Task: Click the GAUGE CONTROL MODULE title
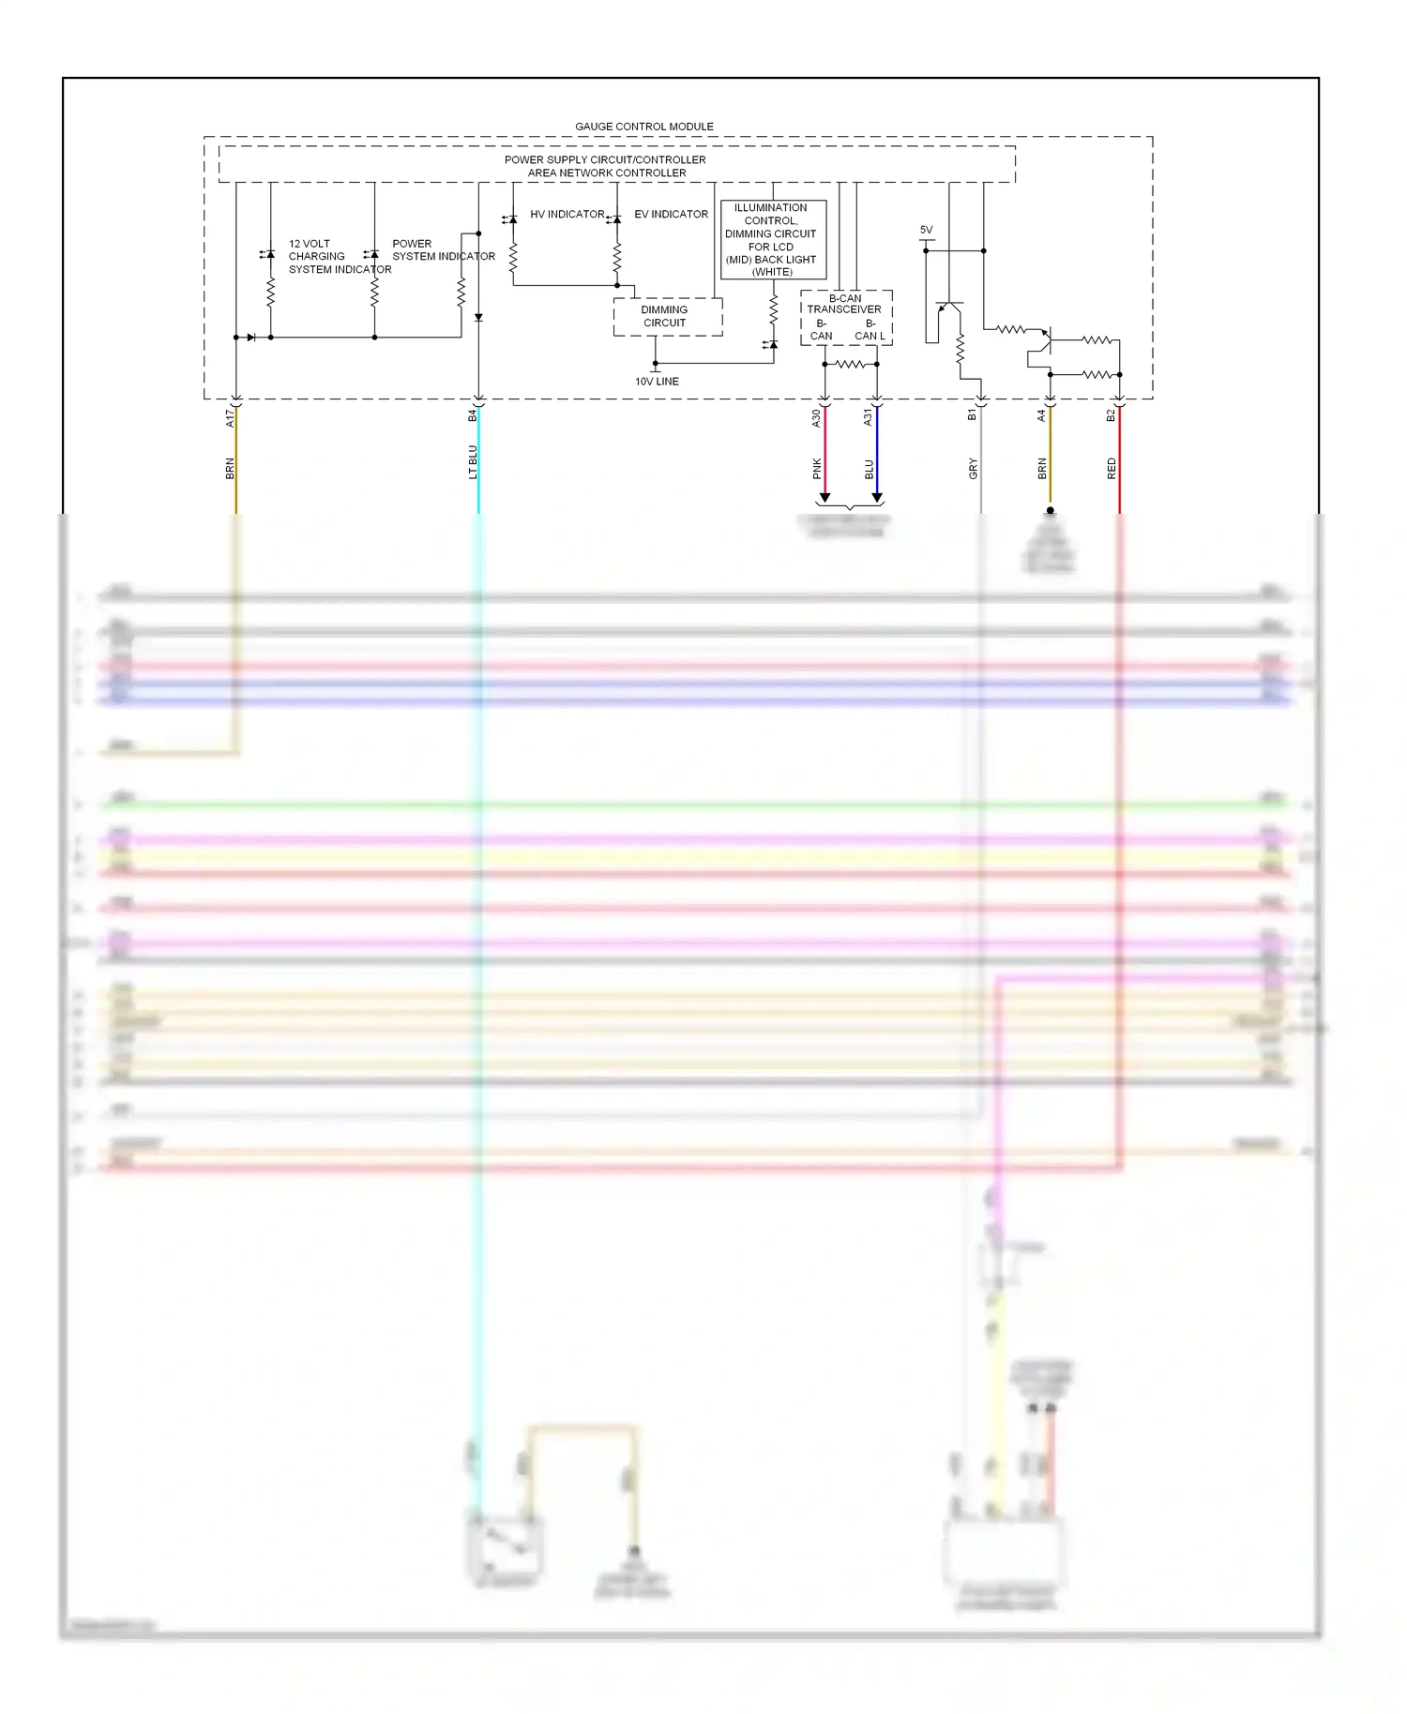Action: [643, 127]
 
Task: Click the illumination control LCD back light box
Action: [773, 240]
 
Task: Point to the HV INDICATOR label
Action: [567, 215]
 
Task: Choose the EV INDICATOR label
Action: [671, 215]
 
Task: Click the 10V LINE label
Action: [657, 382]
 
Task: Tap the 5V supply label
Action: [926, 230]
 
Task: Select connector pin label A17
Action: [230, 418]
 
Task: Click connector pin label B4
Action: [473, 415]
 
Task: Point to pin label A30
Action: [816, 418]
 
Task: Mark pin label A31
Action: [868, 417]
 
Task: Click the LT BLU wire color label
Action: [473, 462]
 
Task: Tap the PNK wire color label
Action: [817, 469]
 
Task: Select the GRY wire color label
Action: [974, 469]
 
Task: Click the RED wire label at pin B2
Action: [1112, 469]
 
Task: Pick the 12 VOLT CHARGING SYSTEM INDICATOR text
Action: [340, 257]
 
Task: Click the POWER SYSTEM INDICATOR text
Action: [443, 250]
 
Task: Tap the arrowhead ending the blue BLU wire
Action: [877, 498]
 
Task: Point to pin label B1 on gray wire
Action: [973, 414]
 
